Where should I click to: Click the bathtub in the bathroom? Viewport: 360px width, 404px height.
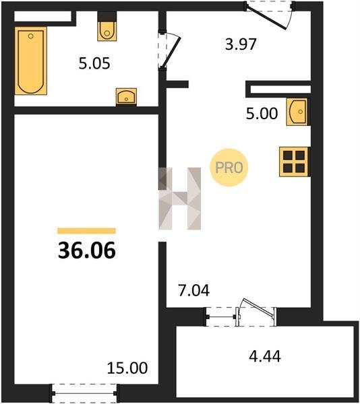(x=31, y=61)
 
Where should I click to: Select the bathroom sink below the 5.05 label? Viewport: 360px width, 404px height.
(x=126, y=97)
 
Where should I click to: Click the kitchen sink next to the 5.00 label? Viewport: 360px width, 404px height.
(x=297, y=112)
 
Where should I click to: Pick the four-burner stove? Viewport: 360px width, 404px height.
(x=294, y=162)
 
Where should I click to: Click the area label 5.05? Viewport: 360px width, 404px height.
(x=94, y=63)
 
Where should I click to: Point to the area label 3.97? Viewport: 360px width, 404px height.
(x=241, y=44)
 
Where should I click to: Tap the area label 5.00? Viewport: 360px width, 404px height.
(x=262, y=114)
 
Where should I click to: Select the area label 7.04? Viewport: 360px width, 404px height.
(x=194, y=290)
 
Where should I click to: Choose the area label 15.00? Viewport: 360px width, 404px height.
(x=127, y=368)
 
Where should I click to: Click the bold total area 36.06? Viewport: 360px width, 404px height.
(x=87, y=250)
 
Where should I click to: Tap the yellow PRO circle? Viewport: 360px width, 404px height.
(x=229, y=168)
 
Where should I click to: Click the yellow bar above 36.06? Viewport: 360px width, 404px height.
(x=87, y=230)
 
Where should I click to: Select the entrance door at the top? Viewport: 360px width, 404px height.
(x=270, y=15)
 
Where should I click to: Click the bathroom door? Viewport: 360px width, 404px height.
(x=169, y=50)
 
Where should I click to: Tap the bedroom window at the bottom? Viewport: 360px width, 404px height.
(x=84, y=393)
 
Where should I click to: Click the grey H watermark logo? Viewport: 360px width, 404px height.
(x=180, y=199)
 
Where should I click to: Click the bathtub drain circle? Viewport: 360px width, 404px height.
(x=31, y=36)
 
